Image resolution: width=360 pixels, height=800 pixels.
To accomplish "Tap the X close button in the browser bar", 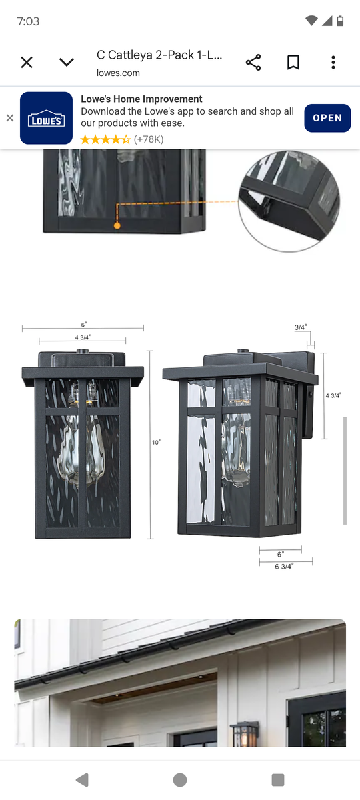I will tap(27, 63).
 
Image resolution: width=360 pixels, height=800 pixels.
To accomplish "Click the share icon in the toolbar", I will tap(253, 63).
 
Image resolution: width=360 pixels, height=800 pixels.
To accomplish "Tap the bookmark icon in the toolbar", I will tap(293, 63).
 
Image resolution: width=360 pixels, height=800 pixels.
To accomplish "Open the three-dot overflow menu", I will tap(333, 63).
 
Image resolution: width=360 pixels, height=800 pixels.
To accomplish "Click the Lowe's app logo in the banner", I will tap(46, 118).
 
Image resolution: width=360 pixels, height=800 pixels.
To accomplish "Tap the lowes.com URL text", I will tap(118, 73).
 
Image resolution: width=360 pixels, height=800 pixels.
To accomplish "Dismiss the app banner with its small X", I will tap(9, 118).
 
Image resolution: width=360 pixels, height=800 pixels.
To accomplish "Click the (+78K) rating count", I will tap(149, 139).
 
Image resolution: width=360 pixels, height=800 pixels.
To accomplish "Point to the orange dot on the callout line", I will tap(117, 226).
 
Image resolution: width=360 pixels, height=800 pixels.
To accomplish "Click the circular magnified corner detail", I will tap(289, 201).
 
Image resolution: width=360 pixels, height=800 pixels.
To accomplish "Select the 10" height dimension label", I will tap(156, 442).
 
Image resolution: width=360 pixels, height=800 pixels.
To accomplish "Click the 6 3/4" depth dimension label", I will tap(284, 567).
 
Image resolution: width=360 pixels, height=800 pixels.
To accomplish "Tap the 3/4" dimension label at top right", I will tap(301, 327).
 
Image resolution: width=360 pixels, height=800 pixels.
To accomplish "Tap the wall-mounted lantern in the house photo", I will tap(244, 734).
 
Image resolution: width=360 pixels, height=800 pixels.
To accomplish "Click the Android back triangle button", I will tap(82, 779).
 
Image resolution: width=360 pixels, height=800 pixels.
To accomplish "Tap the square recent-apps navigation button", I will tap(278, 779).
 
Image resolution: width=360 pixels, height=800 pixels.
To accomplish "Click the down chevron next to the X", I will tap(67, 63).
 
